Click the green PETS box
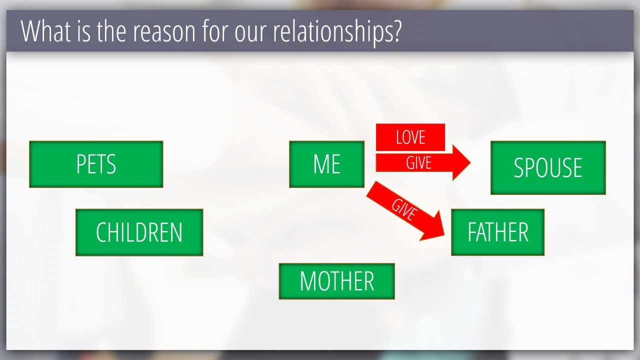[96, 164]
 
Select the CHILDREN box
[139, 232]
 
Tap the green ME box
[326, 164]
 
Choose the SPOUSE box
[548, 167]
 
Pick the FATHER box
[497, 232]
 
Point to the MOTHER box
[336, 281]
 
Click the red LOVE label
[410, 137]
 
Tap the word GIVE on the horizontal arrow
[418, 163]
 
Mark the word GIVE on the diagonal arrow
[404, 210]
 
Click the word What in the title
[45, 31]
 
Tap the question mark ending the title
[397, 31]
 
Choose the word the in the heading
[111, 31]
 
